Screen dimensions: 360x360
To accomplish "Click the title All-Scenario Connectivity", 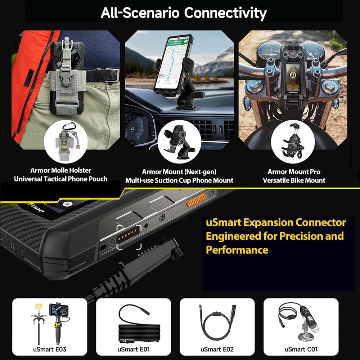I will [x=184, y=13].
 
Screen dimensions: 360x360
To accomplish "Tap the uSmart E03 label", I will [x=50, y=349].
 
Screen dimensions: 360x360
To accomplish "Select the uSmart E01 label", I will [x=133, y=349].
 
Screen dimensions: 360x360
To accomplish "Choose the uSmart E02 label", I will [x=217, y=349].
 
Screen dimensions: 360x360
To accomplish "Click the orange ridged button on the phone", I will [x=197, y=200].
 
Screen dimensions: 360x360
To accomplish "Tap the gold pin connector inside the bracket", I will [x=129, y=237].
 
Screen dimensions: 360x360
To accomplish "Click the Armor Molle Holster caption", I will [x=61, y=170].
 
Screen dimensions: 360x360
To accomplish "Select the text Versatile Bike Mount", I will [x=294, y=180].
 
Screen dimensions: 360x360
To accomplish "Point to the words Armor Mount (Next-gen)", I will [x=179, y=172].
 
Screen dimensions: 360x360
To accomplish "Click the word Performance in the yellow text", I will [x=237, y=249].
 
